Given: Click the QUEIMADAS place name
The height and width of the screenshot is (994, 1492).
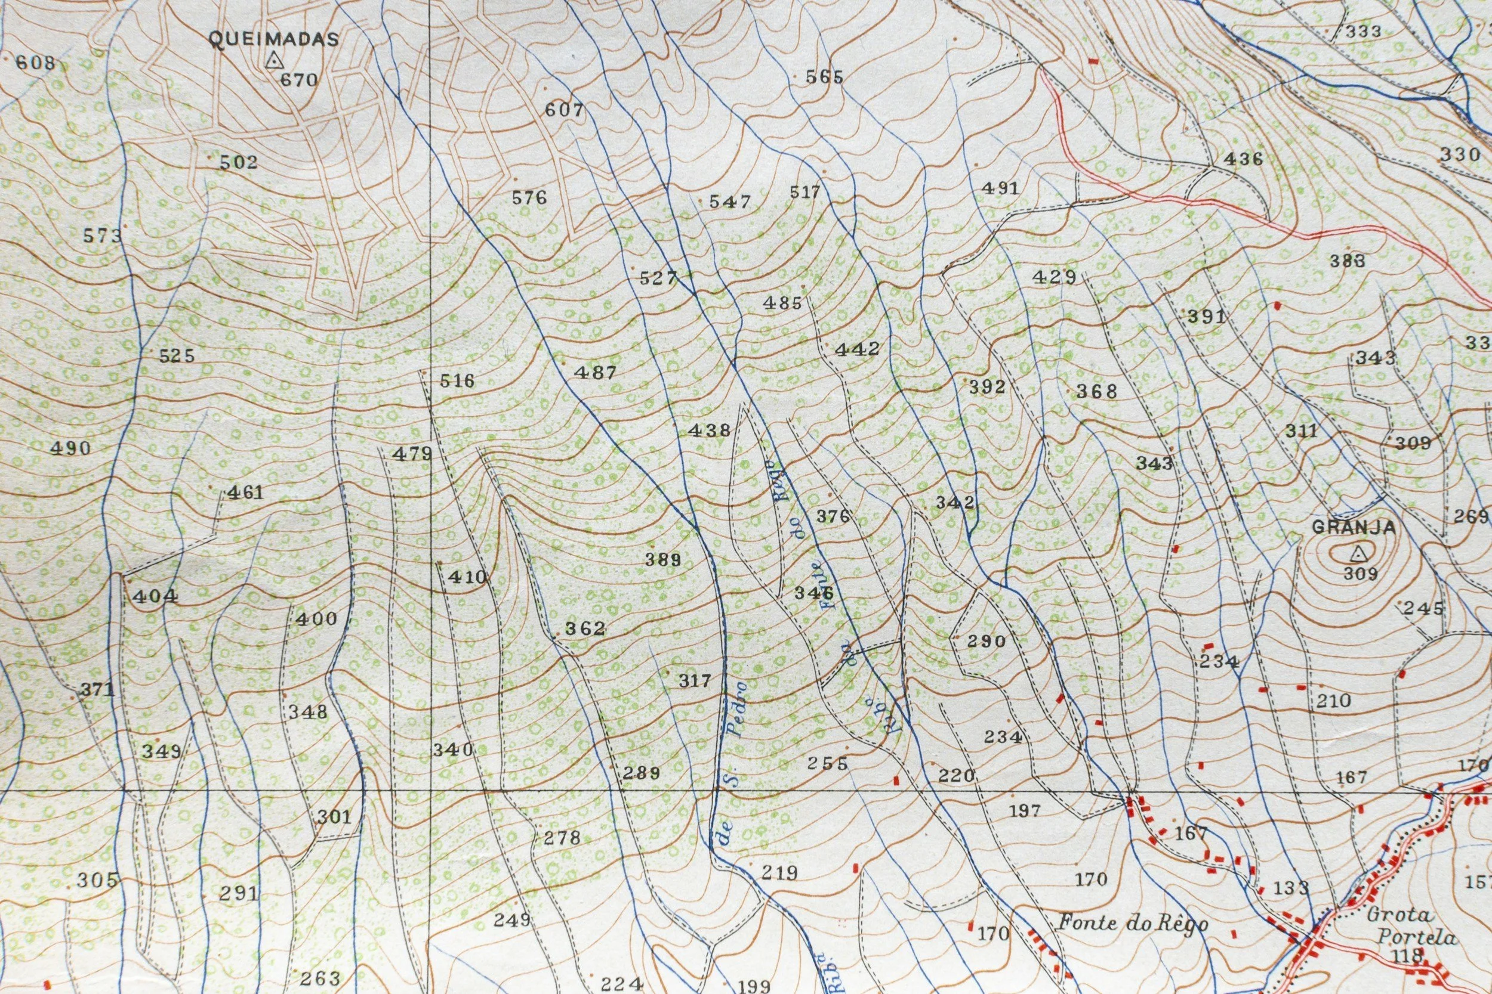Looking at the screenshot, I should (x=273, y=39).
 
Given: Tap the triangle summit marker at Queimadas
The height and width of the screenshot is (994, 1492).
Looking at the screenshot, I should (x=273, y=61).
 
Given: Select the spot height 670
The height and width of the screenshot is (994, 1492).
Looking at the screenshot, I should (x=298, y=80).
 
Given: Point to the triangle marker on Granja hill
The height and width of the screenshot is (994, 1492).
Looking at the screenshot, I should (x=1357, y=555).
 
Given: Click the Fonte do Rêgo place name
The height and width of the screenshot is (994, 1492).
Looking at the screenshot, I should (x=1132, y=924).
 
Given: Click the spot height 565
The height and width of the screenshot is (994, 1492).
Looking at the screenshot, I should (x=825, y=78).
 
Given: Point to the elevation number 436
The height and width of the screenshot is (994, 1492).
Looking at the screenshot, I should (x=1243, y=159).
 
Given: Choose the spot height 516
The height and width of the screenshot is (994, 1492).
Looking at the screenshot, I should (x=457, y=380).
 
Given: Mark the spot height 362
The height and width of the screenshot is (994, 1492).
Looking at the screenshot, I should (x=585, y=628).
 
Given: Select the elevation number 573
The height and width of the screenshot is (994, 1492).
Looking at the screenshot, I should (x=103, y=236).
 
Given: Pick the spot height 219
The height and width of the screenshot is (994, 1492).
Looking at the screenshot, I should (x=778, y=873).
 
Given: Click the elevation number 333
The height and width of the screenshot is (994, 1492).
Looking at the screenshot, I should (x=1362, y=31).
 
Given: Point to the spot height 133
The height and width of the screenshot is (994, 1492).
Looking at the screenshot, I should (x=1291, y=888).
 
